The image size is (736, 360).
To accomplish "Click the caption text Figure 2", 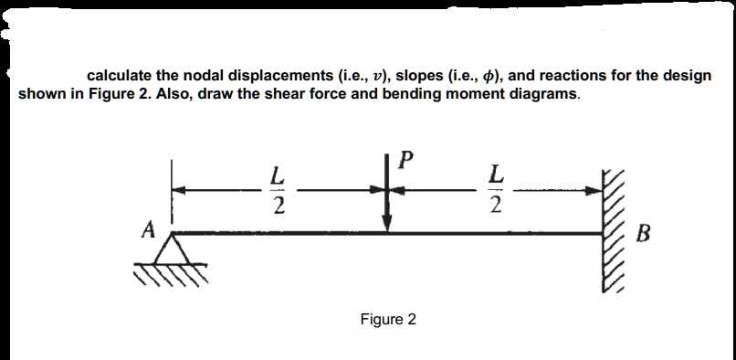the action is (x=388, y=319).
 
